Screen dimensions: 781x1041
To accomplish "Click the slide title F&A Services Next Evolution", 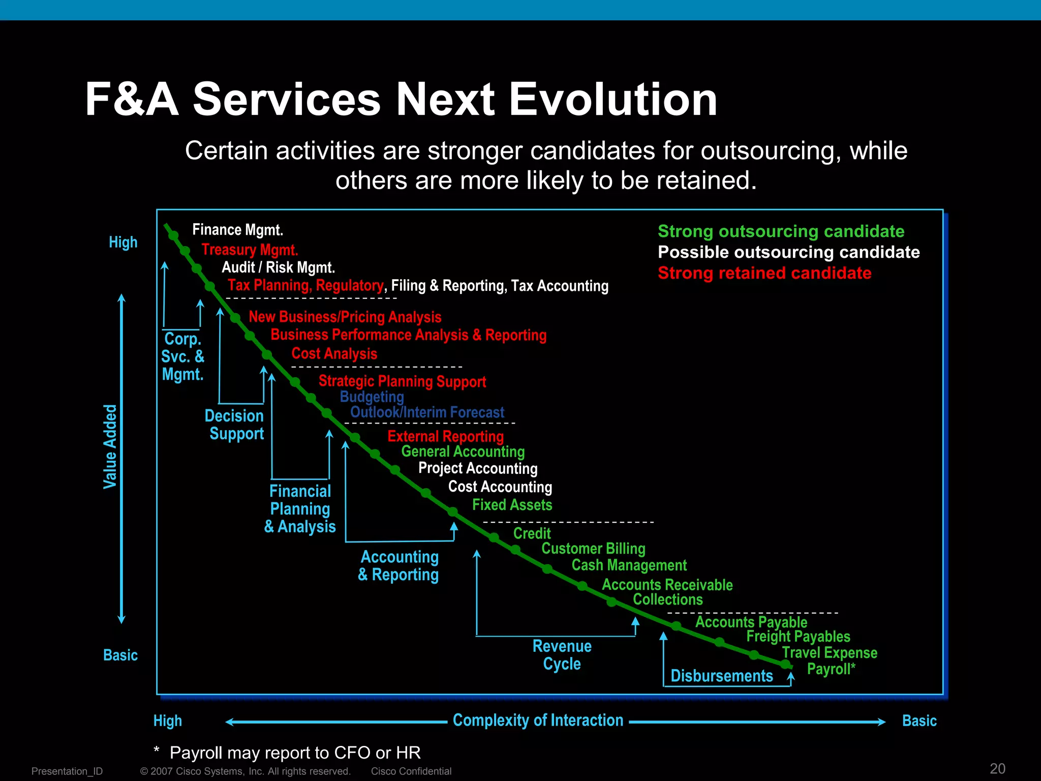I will pos(401,100).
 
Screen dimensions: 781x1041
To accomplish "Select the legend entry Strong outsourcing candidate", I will pos(781,231).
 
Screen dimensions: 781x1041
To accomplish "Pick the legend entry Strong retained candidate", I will pos(764,273).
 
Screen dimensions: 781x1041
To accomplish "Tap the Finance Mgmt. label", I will pos(237,230).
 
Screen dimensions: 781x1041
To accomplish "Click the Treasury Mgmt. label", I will pos(250,250).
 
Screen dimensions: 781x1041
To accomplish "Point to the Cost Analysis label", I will pos(334,353).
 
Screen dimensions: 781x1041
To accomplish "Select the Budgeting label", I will pos(372,397).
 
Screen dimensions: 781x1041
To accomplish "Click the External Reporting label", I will pos(445,436).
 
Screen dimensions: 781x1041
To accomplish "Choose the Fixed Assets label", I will pos(512,505).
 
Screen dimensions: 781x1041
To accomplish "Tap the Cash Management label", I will pos(629,565).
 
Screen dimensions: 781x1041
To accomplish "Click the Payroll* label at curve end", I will pos(831,669).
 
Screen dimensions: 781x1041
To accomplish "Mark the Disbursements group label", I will pos(721,676).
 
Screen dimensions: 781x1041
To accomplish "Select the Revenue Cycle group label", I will pos(562,655).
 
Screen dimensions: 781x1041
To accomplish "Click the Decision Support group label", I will pos(235,425).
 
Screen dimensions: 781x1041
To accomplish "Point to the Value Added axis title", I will pos(110,446).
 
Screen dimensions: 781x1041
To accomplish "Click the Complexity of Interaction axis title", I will pos(538,720).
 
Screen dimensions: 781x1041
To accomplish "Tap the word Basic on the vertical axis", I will pos(120,655).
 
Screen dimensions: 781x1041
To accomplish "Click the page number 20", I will pos(997,768).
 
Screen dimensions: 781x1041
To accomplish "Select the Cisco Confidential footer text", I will pos(411,771).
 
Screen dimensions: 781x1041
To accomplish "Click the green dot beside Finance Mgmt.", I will pos(173,236).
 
